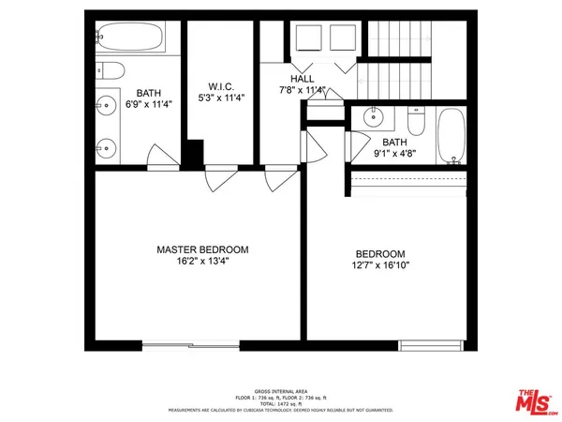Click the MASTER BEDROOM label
(202, 249)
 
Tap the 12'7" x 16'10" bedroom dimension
(379, 266)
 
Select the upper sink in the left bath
(105, 105)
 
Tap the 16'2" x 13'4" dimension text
(202, 262)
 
